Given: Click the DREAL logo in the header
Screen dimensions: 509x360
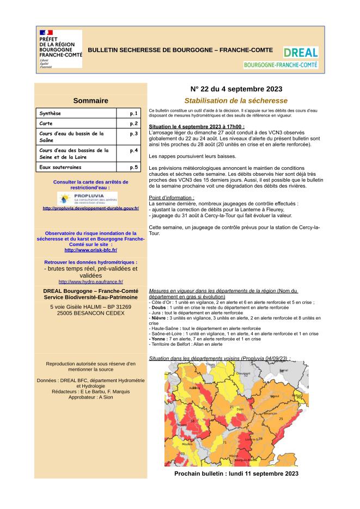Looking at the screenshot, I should [x=300, y=57].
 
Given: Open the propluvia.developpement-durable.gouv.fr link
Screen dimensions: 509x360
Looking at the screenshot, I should [x=90, y=208].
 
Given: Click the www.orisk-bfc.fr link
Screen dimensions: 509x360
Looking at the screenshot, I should [x=90, y=250].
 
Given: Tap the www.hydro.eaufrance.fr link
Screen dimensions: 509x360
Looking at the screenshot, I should [x=90, y=281].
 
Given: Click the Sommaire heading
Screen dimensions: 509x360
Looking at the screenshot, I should [x=90, y=100].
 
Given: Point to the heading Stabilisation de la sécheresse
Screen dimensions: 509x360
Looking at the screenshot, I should [x=236, y=101].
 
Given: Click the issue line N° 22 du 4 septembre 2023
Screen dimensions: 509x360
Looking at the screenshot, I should [x=236, y=89].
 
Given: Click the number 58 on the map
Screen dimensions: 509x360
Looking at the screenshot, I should [x=192, y=421].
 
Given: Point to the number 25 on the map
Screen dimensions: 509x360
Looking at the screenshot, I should [x=280, y=419].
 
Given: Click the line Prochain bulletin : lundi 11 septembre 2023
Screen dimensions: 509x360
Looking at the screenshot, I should [x=236, y=474].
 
